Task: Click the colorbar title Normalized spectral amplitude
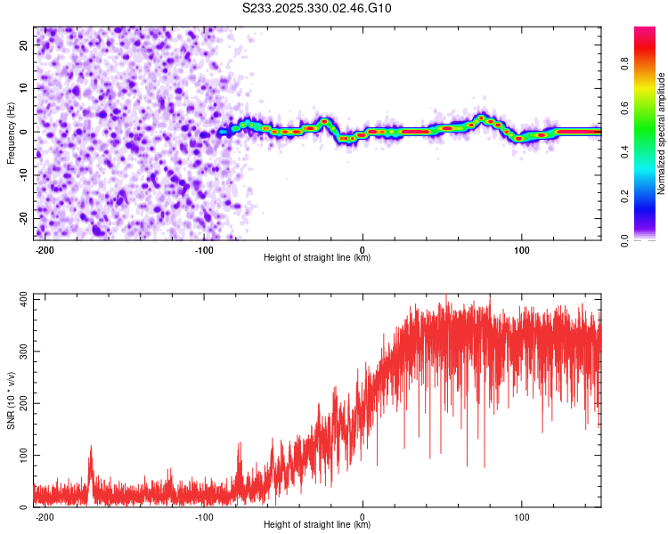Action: point(661,133)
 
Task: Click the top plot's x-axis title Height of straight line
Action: point(317,258)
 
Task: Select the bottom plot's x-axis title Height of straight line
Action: point(317,525)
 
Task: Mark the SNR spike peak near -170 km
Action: point(90,447)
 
